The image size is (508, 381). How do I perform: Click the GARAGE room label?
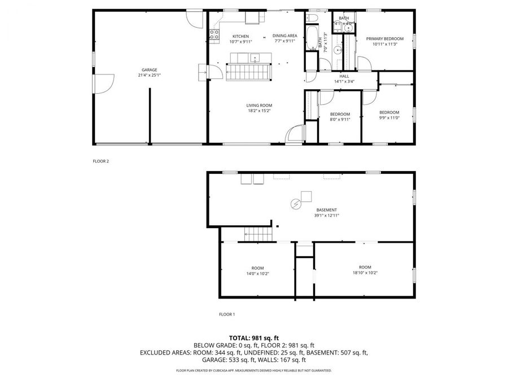click(149, 70)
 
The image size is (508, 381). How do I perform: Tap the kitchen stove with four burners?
click(214, 36)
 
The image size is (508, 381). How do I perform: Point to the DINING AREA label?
click(285, 36)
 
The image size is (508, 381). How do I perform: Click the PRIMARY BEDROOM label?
click(384, 38)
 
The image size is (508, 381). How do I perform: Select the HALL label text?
click(344, 76)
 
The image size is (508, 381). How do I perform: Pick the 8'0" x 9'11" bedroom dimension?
click(340, 119)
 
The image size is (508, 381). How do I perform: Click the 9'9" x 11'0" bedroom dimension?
click(389, 117)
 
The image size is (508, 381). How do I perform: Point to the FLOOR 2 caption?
click(100, 161)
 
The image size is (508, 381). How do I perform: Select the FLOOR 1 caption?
click(227, 314)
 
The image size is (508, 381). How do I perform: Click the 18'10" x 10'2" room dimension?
click(365, 273)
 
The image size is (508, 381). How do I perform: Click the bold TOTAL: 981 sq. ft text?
click(253, 338)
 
